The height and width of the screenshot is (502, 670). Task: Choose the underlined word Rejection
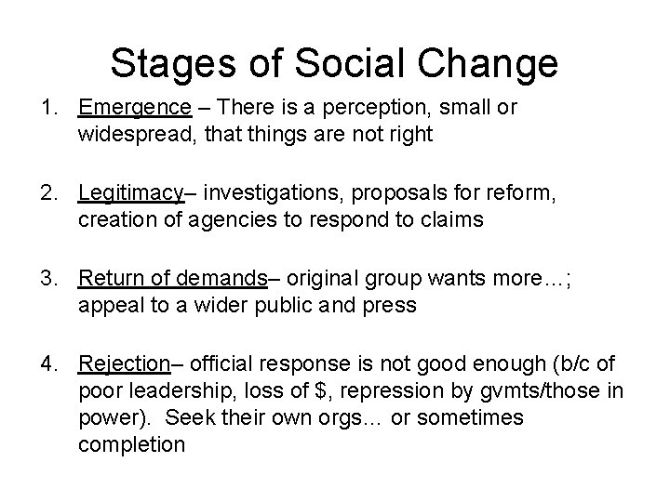click(x=123, y=362)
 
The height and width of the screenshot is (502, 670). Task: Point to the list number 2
click(x=46, y=193)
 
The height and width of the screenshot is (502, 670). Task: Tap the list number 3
click(x=46, y=277)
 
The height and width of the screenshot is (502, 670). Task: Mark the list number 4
click(x=46, y=362)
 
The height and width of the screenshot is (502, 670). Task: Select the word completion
click(x=132, y=445)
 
